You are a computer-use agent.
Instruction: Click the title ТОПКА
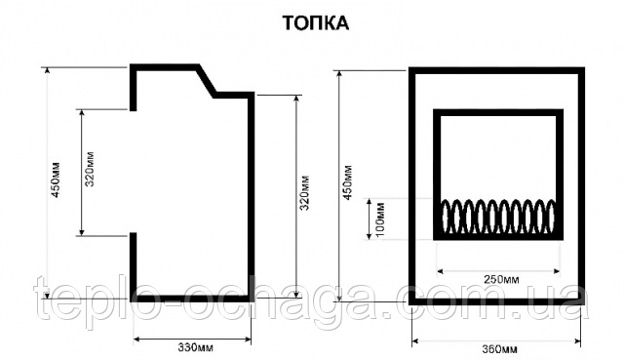point(316,23)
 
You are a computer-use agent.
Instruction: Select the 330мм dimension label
point(195,347)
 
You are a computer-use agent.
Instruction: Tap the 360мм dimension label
point(500,349)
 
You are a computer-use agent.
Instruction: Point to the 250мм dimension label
point(501,279)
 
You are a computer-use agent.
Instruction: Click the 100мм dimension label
point(380,220)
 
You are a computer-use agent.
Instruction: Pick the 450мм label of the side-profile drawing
point(56,180)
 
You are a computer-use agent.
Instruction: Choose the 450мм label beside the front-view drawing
point(347,182)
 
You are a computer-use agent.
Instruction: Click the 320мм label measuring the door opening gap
point(90,169)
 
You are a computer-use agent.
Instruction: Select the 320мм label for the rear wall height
point(305,193)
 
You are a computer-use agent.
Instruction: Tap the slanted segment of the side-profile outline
point(207,81)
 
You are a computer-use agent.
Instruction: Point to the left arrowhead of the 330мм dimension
point(136,340)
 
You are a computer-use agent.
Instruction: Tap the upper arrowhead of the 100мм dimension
point(370,202)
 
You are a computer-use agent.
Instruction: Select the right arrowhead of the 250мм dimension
point(556,271)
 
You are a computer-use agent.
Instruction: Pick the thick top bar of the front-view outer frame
point(496,70)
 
